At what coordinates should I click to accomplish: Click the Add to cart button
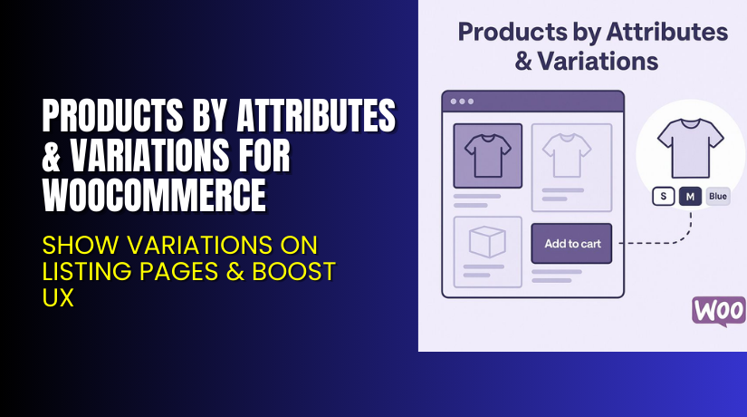[x=571, y=243]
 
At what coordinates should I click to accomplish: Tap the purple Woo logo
[x=719, y=310]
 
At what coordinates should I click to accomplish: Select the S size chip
[x=662, y=197]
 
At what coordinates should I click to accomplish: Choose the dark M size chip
[x=690, y=197]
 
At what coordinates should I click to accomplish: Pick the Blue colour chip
[x=718, y=197]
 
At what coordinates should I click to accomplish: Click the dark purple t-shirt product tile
[x=487, y=154]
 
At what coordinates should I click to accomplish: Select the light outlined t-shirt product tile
[x=570, y=154]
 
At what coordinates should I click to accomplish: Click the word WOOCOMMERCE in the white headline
[x=155, y=193]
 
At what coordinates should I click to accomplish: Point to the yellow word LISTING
[x=85, y=271]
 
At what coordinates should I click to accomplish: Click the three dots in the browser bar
[x=462, y=101]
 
